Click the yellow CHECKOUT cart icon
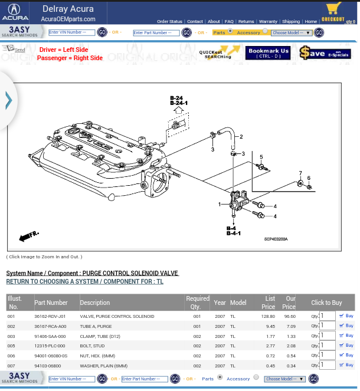coord(333,11)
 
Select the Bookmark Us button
coord(268,53)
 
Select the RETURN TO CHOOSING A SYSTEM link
coord(85,282)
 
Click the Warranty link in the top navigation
coord(268,21)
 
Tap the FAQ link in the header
coord(229,21)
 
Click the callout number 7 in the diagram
coord(300,174)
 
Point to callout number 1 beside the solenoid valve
coord(220,205)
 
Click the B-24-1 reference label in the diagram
coord(178,103)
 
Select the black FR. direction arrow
coord(28,236)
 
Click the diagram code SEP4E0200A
coord(276,239)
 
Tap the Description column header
coord(95,303)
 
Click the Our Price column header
coord(289,303)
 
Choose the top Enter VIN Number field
coord(71,32)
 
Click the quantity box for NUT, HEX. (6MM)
coord(328,356)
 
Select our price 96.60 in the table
coord(289,316)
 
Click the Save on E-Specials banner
coord(325,53)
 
